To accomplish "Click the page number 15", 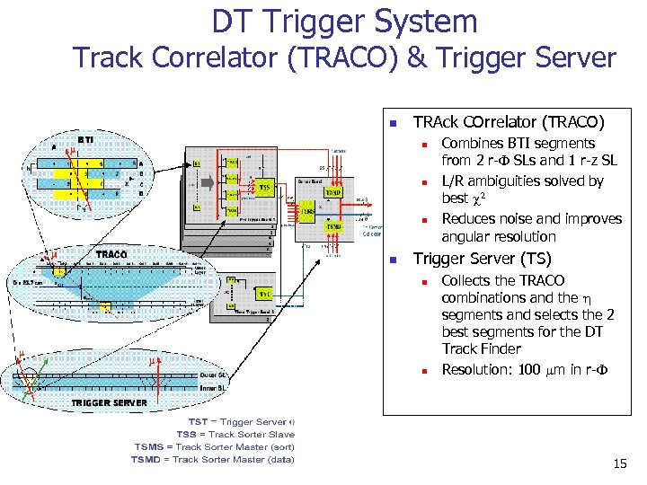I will pos(619,464).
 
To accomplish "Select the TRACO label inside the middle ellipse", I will pos(111,254).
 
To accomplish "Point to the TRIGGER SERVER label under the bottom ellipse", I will pos(109,402).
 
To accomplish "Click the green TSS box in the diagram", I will pos(265,187).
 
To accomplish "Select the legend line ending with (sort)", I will pos(214,446).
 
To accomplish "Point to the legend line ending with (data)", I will pos(214,459).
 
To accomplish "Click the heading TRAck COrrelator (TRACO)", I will pos(508,121).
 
